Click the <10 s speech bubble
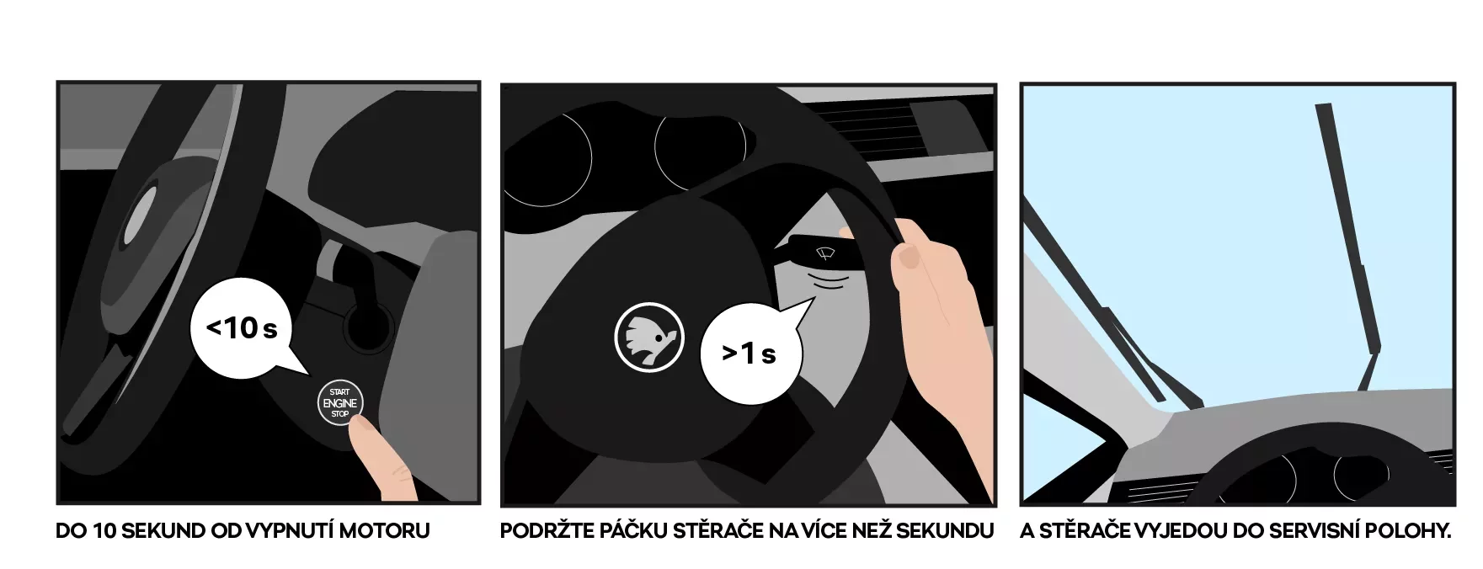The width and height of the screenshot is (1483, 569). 241,328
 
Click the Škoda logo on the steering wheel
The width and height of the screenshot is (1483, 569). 648,337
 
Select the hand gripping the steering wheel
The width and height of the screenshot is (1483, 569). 935,337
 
